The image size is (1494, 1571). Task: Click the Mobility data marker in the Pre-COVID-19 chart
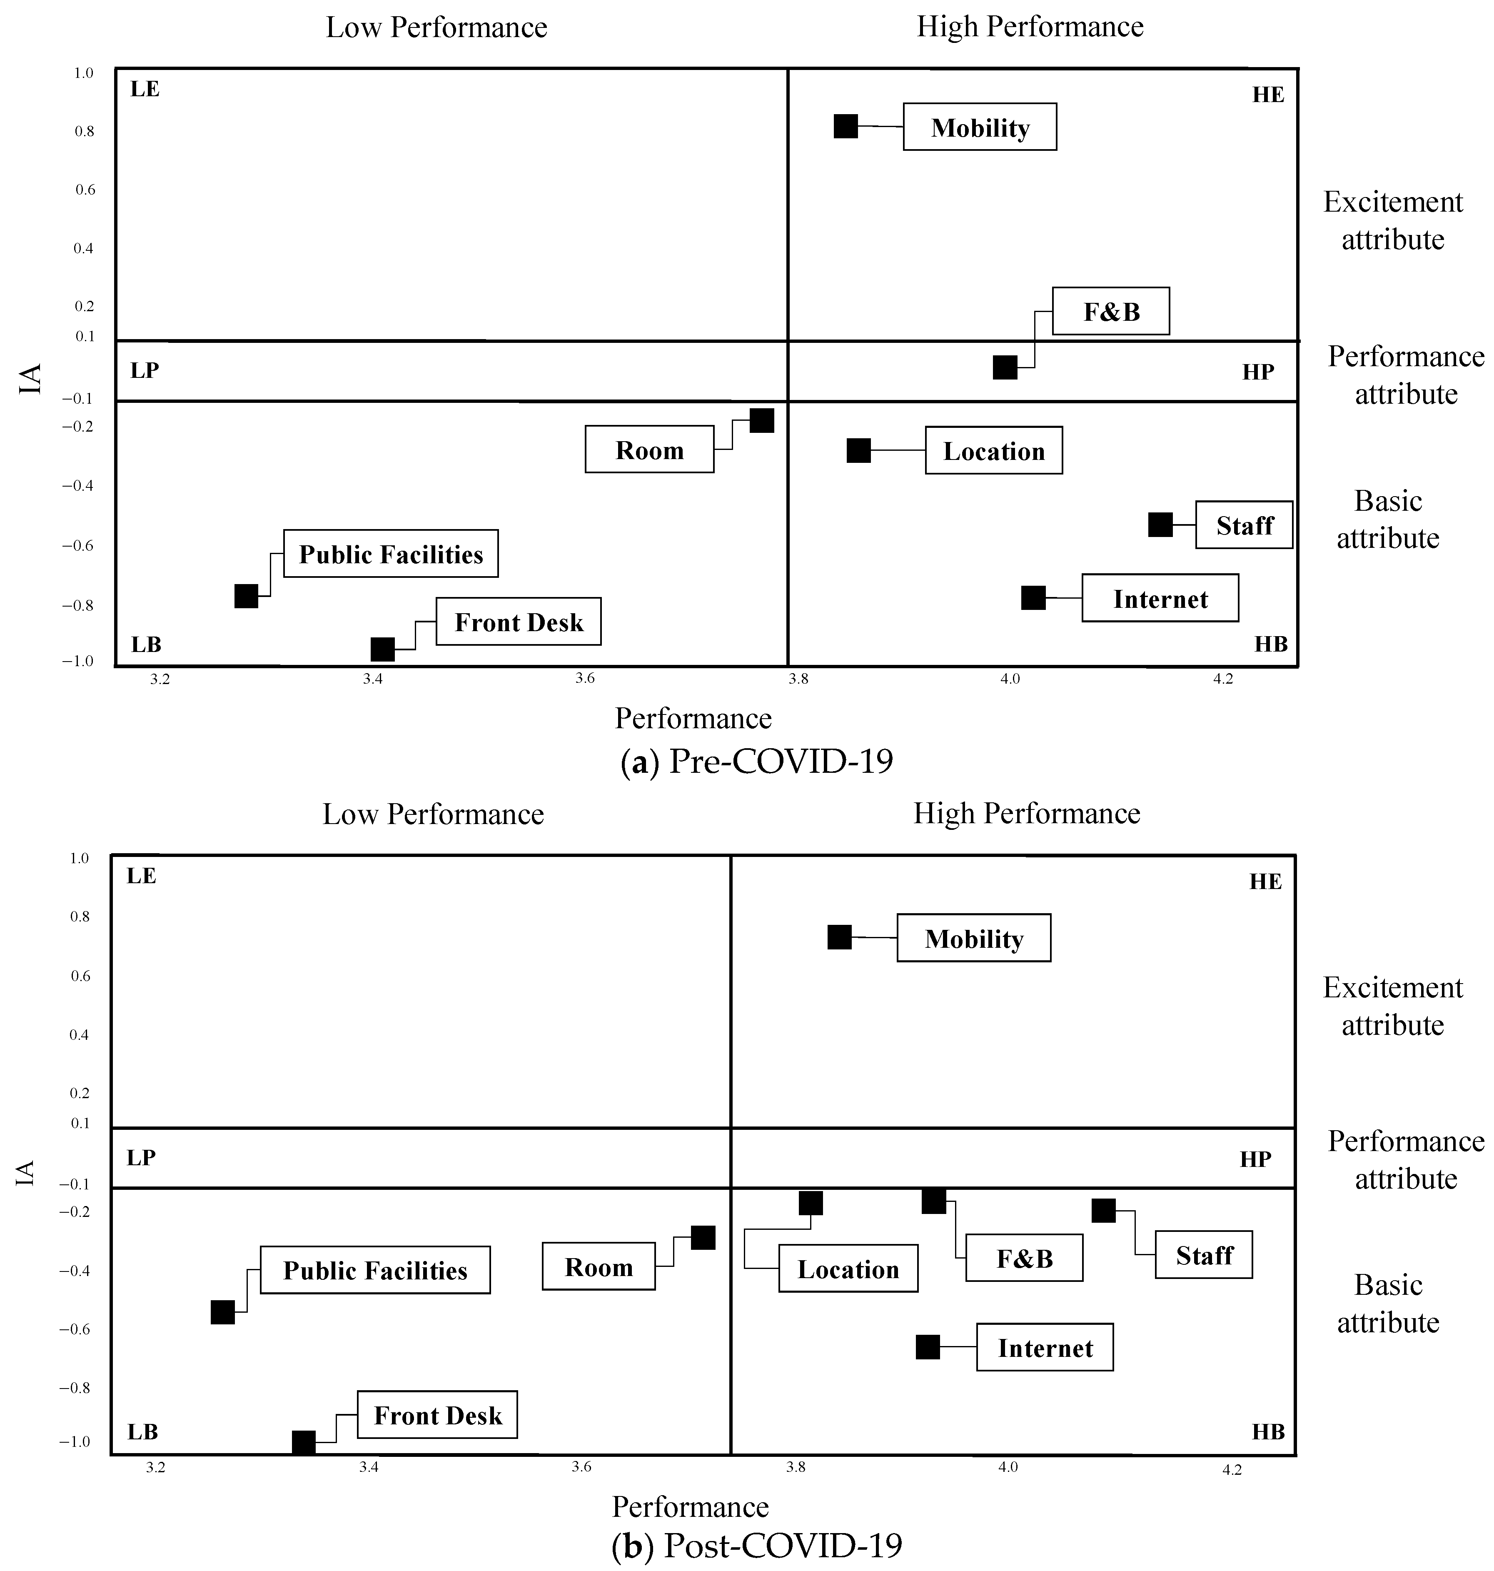click(846, 126)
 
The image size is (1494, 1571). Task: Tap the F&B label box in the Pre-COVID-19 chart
click(1111, 312)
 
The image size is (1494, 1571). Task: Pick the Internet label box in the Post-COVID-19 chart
click(1045, 1348)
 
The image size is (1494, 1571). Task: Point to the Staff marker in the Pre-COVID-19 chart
click(1160, 525)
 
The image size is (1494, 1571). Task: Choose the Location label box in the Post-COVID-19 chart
click(848, 1269)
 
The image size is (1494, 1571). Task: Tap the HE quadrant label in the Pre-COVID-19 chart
click(1268, 95)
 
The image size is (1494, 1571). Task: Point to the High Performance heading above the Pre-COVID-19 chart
click(1030, 27)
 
